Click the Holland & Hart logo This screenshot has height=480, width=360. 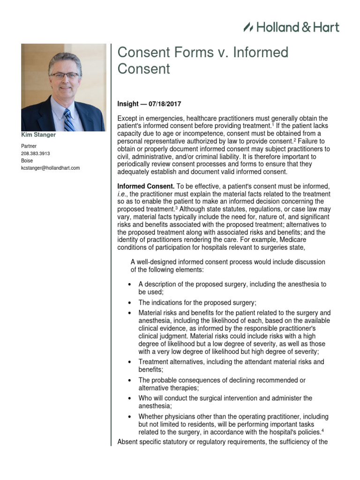click(291, 27)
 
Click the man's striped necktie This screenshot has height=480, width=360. click(69, 120)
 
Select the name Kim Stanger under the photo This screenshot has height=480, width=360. click(39, 135)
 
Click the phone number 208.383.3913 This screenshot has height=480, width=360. click(36, 153)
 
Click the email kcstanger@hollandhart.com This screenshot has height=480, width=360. click(51, 167)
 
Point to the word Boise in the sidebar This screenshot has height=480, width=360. click(27, 160)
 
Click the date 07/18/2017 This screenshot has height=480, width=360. click(165, 104)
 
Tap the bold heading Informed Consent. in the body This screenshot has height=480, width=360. click(146, 187)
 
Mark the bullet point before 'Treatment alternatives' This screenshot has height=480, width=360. click(130, 362)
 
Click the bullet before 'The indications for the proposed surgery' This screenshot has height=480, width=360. click(130, 303)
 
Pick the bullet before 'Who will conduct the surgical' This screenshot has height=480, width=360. click(130, 398)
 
